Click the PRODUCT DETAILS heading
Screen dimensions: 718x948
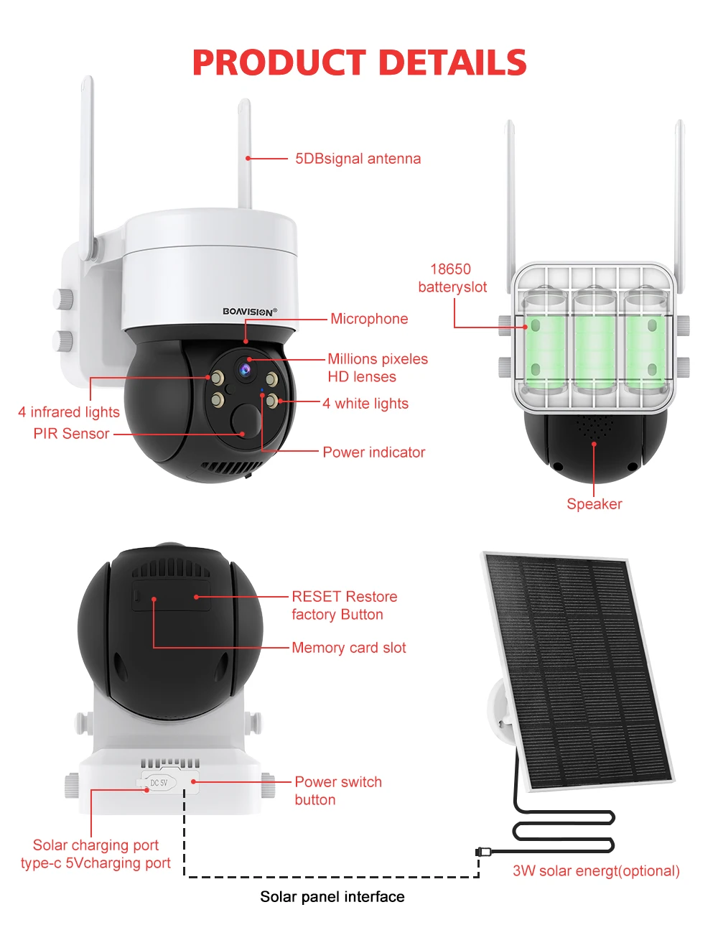359,62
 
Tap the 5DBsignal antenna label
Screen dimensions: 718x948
358,159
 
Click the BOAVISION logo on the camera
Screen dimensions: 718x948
249,312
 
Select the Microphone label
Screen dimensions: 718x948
369,319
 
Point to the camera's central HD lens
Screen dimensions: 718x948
246,369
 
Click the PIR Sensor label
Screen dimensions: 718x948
71,434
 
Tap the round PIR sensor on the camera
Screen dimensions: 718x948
246,419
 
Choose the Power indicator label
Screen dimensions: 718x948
373,452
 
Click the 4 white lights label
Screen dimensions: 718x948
365,404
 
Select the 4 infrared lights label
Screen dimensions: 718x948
69,412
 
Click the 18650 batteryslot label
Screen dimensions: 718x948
452,278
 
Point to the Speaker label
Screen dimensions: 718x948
595,504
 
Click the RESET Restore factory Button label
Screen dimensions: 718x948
344,605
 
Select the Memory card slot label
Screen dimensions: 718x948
348,648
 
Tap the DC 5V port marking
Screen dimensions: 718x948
159,783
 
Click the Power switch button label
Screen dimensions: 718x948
337,791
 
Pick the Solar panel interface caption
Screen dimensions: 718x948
332,896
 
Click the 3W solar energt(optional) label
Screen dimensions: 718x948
596,871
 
